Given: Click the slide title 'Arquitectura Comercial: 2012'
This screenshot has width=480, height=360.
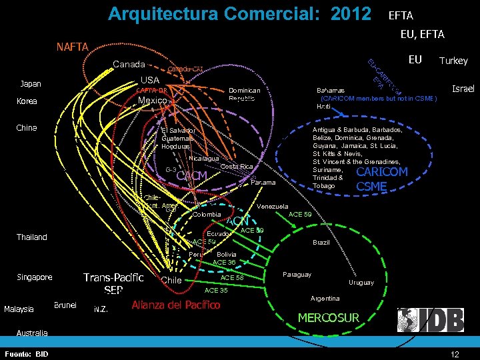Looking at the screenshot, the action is click(x=239, y=13).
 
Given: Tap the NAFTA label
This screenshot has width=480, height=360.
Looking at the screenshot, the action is click(x=72, y=47).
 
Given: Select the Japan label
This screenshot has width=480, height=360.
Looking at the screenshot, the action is click(x=31, y=84).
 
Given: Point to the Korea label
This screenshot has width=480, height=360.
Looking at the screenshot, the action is click(x=27, y=101).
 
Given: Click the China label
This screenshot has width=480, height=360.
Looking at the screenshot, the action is click(x=27, y=127).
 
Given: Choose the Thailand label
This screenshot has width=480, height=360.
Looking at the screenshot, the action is click(x=32, y=237).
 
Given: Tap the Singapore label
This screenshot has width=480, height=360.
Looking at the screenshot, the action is click(x=35, y=277).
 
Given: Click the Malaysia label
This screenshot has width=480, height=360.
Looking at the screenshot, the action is click(x=19, y=309).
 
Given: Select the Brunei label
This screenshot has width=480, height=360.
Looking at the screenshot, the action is click(x=65, y=305).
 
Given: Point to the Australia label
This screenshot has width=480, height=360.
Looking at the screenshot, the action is click(x=32, y=333).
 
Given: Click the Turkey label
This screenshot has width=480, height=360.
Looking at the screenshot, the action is click(x=453, y=61).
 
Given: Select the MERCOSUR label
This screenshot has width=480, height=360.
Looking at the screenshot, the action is click(x=328, y=318).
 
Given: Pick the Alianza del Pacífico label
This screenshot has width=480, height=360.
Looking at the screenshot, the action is click(x=176, y=305).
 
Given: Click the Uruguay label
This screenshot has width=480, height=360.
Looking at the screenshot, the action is click(x=361, y=283).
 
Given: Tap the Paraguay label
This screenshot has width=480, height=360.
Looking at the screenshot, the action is click(x=297, y=275).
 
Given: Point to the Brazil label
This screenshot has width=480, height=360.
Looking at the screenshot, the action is click(x=321, y=242).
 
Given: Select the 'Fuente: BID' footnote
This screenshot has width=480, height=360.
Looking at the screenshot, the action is click(x=26, y=353).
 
